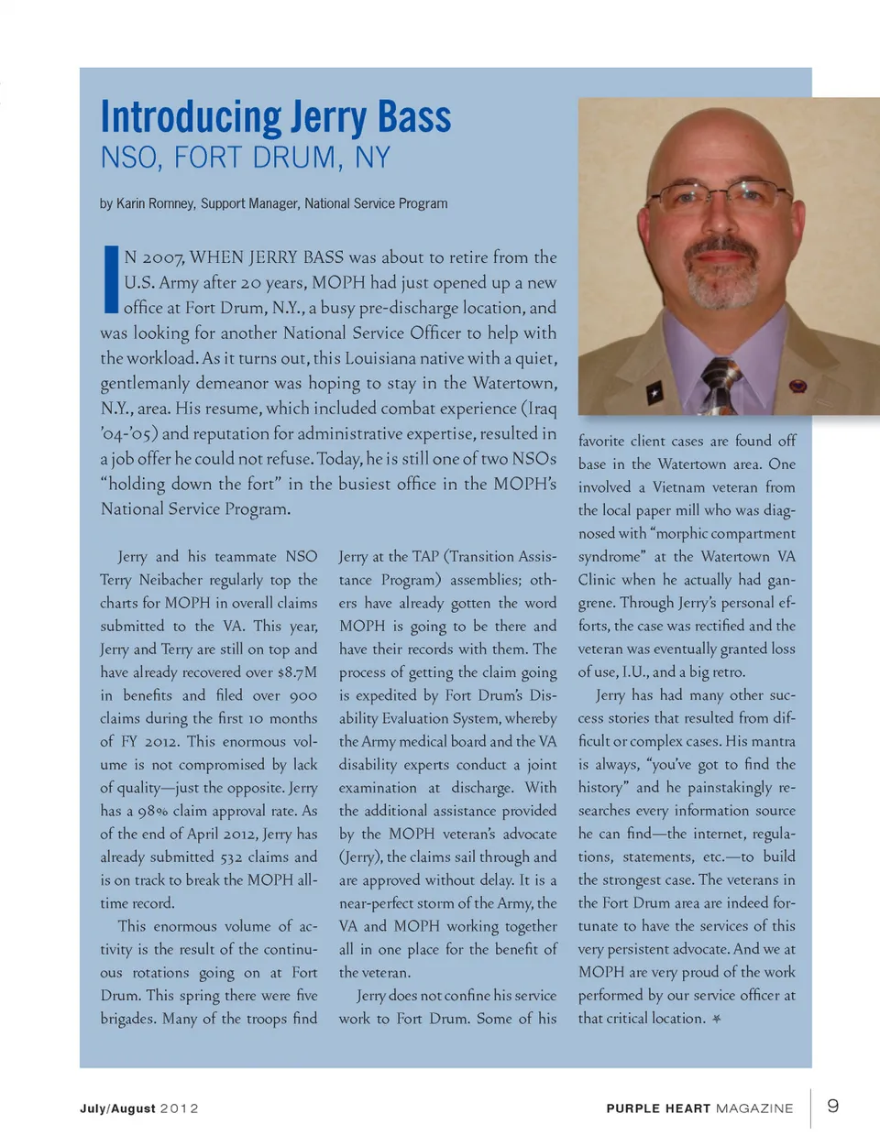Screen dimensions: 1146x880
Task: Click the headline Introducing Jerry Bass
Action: pos(275,117)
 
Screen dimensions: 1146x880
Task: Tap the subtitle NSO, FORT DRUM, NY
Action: pos(245,158)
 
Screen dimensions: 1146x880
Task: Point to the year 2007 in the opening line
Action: pos(161,257)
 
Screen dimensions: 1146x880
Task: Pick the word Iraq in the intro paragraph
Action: pos(538,409)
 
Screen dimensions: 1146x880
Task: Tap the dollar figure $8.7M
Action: pos(297,672)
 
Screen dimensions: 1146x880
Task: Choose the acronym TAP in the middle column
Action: pos(425,557)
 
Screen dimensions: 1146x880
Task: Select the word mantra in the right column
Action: pos(775,741)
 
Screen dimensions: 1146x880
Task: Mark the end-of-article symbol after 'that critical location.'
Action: pos(717,1019)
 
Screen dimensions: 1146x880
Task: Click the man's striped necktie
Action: pos(720,385)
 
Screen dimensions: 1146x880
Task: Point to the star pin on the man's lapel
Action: pos(654,394)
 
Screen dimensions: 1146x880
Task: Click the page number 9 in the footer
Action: pos(833,1106)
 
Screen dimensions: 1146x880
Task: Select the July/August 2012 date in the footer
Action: pos(139,1108)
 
